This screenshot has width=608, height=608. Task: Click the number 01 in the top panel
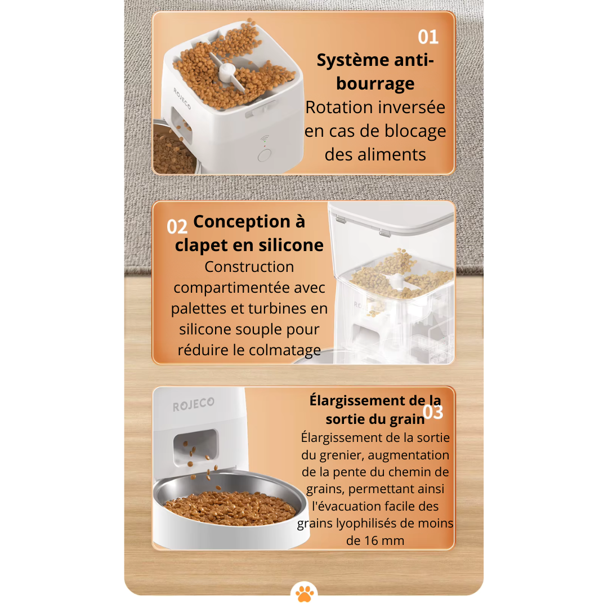pos(428,37)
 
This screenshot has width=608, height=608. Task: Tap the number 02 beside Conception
pos(177,227)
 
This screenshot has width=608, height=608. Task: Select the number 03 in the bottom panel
pos(433,412)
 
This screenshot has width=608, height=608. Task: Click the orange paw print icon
pos(304,593)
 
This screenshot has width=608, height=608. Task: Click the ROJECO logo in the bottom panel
pos(193,404)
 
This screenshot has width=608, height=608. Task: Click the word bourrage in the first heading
pos(375,84)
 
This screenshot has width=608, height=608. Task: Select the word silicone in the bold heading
pos(291,245)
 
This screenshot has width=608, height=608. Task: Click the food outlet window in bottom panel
pos(195,446)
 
